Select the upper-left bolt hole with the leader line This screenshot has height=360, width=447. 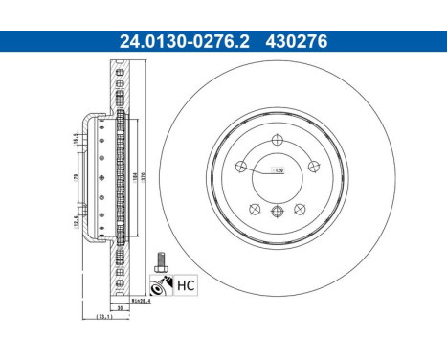(240, 169)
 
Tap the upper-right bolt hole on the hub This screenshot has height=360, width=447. (312, 169)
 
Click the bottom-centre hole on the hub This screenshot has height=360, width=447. (277, 213)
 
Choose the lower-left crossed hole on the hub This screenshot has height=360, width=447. (254, 210)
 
